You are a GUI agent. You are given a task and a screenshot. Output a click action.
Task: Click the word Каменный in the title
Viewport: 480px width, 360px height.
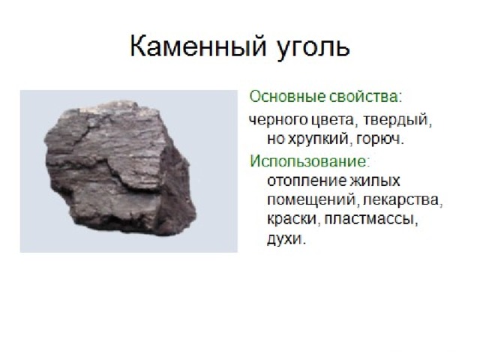pos(198,46)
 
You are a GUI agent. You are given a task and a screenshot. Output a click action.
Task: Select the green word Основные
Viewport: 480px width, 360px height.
pos(287,97)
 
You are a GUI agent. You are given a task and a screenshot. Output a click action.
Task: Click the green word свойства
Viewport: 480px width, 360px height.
pos(363,97)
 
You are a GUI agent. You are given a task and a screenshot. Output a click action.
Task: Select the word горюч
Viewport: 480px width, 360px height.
pos(380,140)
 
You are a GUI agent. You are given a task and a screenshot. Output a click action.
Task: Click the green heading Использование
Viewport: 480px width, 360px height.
pos(308,160)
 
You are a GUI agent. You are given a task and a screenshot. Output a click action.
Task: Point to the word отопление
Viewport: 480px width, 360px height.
pos(307,181)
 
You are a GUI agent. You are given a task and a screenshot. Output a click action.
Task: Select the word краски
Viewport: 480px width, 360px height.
pos(293,220)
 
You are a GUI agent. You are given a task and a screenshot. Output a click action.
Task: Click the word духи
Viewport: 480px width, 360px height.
pos(285,240)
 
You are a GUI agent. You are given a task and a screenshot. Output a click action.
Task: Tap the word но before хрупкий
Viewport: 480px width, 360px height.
pos(276,140)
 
